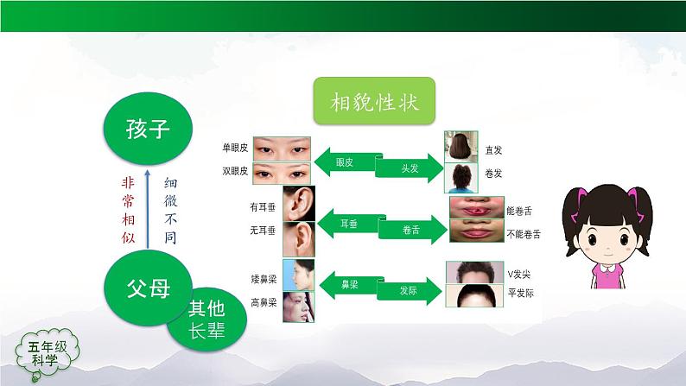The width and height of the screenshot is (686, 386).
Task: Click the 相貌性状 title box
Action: tap(373, 104)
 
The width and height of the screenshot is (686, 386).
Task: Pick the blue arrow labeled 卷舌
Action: tap(410, 230)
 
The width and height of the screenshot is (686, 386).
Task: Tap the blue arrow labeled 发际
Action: tap(408, 291)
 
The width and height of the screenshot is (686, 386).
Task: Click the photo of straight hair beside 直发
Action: tap(461, 147)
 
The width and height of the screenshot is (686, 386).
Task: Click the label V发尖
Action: tap(498, 274)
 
